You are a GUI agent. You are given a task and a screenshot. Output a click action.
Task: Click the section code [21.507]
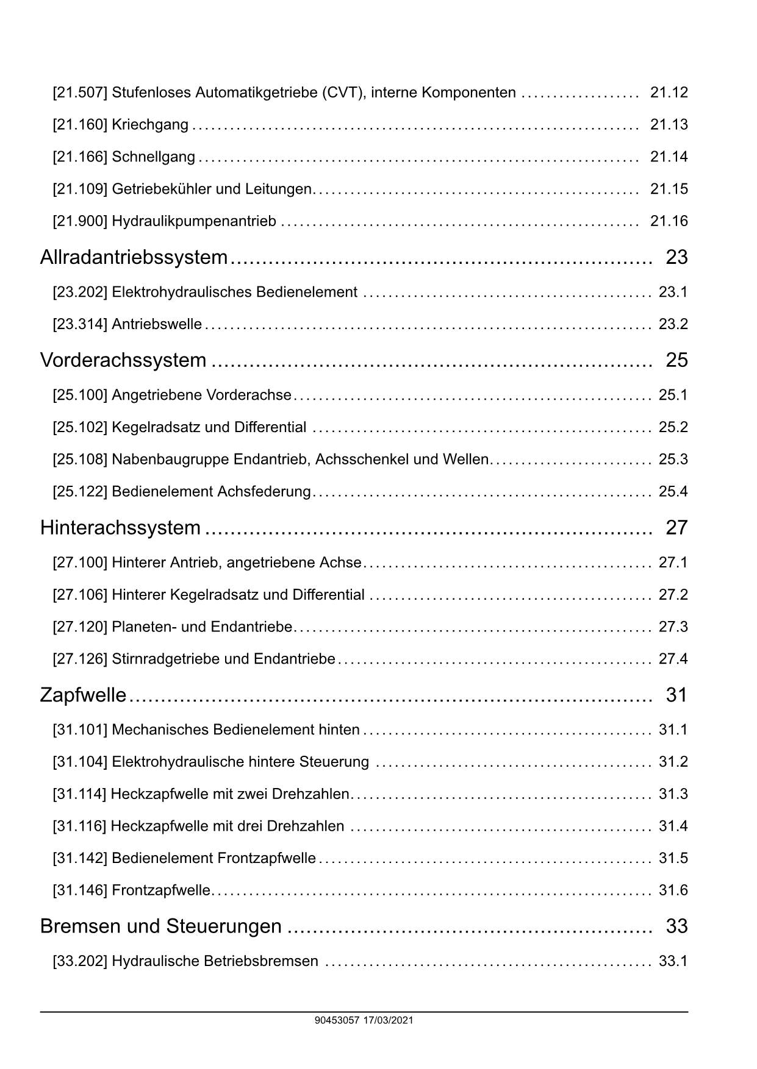(x=80, y=93)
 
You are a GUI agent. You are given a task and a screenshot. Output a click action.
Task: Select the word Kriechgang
(x=150, y=125)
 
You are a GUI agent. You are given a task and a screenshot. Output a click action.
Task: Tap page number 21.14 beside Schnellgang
(x=669, y=157)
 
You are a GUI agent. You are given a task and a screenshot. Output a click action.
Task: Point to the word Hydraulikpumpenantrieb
(x=194, y=221)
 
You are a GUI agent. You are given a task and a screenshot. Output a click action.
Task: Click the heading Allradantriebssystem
(x=134, y=257)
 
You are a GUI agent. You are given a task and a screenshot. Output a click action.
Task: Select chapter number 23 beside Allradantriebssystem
(x=676, y=257)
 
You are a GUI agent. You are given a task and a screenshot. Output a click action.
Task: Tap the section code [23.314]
(x=80, y=324)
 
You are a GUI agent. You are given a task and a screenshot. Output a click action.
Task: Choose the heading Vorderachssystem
(x=123, y=360)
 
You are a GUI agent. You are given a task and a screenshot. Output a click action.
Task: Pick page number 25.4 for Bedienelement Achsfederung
(x=673, y=491)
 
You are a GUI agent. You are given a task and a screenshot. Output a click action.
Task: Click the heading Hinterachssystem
(x=120, y=527)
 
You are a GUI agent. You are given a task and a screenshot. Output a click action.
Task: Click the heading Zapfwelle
(x=83, y=695)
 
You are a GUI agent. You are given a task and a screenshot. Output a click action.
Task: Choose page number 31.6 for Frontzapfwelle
(x=673, y=890)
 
